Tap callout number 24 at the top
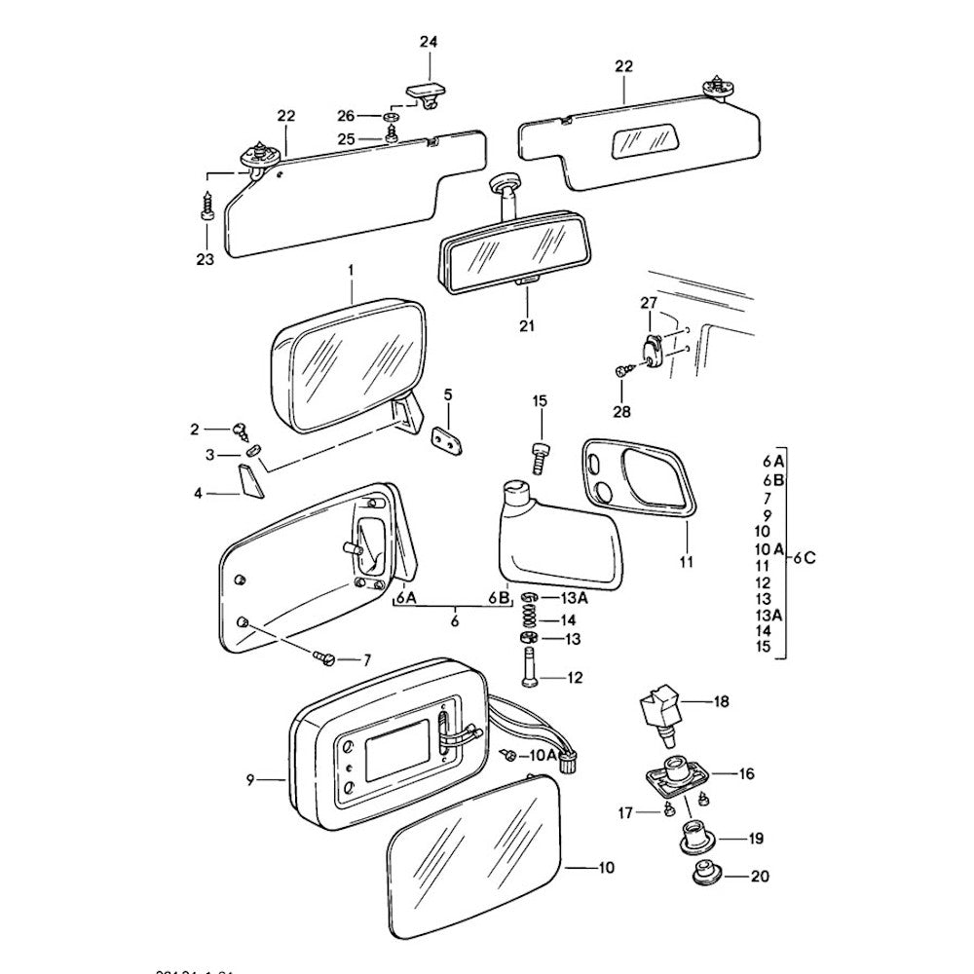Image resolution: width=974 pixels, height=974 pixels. click(429, 41)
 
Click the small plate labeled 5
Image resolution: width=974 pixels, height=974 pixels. click(448, 438)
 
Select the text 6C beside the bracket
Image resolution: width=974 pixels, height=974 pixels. click(804, 558)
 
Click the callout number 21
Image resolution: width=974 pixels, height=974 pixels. click(527, 326)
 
